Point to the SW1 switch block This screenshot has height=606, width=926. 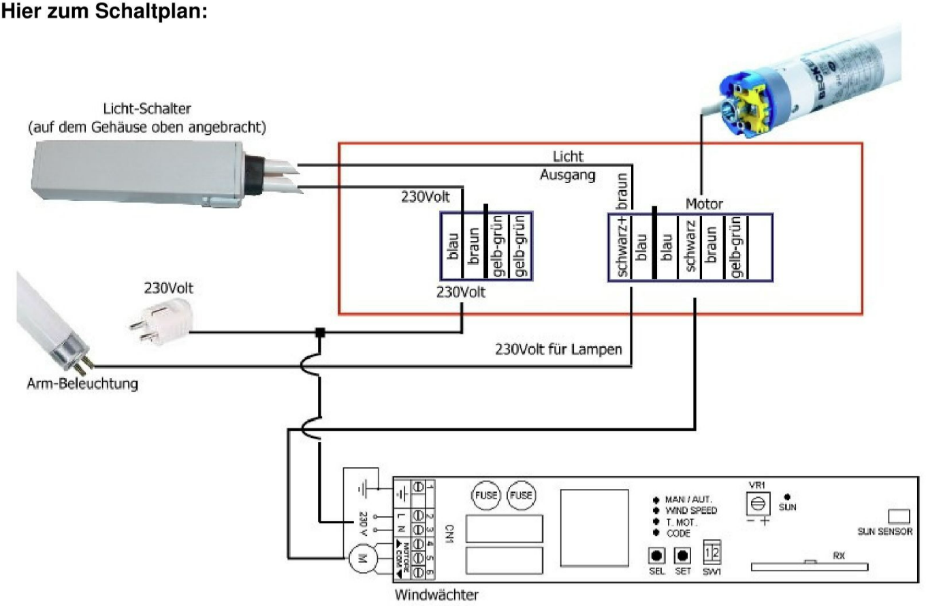click(711, 553)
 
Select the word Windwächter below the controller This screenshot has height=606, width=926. click(436, 594)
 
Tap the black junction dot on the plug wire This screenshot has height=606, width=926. click(318, 333)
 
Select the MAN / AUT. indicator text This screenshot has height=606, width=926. click(688, 499)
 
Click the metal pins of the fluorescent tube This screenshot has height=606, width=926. click(83, 367)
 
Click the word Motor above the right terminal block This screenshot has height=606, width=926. click(704, 204)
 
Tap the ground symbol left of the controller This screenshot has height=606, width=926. click(368, 489)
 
